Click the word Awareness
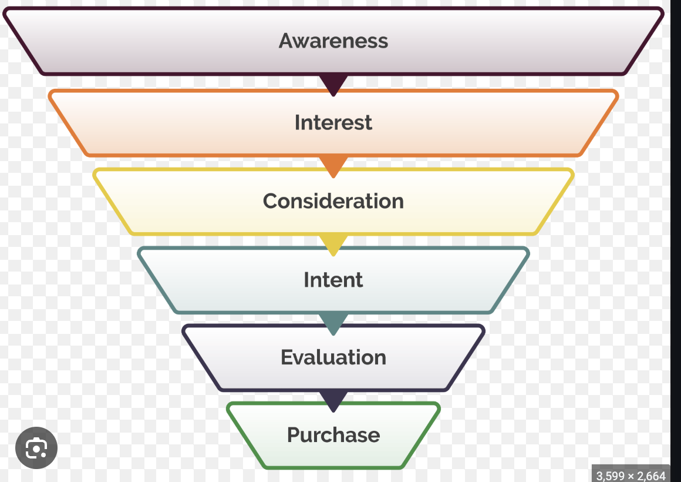click(333, 41)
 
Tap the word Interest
click(333, 122)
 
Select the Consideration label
click(333, 201)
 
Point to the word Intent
click(333, 279)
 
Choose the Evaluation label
click(333, 357)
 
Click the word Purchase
click(333, 435)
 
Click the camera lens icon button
click(36, 448)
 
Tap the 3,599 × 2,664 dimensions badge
click(631, 475)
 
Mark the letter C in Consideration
click(271, 201)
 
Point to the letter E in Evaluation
click(287, 357)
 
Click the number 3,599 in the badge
click(611, 475)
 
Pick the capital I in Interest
click(298, 122)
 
